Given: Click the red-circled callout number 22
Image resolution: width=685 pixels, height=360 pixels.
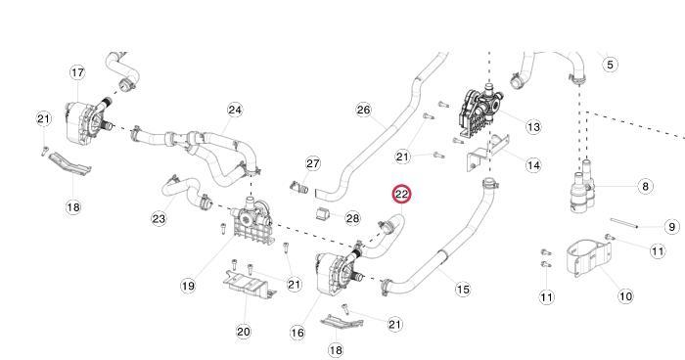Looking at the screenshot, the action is click(401, 194).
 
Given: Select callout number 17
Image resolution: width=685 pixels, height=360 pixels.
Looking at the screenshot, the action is click(77, 72).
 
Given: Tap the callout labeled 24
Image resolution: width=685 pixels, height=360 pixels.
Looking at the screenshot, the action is click(235, 110).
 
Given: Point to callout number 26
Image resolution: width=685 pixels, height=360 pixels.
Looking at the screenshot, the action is click(363, 110).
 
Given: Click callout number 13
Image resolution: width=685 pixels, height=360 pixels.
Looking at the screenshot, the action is click(533, 127).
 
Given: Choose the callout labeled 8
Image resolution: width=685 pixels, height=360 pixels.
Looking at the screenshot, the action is click(645, 187).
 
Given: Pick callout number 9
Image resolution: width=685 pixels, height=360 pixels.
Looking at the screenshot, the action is click(671, 227).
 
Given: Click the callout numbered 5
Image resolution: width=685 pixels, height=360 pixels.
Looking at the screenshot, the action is click(610, 65).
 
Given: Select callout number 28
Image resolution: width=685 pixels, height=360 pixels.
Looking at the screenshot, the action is click(352, 217).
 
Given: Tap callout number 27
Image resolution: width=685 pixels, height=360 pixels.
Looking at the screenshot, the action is click(313, 163).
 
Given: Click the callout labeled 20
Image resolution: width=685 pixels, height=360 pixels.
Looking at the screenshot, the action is click(244, 332).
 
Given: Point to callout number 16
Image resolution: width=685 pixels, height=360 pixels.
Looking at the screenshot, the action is click(297, 333).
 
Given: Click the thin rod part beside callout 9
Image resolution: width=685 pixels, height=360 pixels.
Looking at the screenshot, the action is click(624, 223).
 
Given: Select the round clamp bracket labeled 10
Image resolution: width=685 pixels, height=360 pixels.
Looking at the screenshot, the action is click(588, 257).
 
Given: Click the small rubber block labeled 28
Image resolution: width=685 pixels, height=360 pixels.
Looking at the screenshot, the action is click(322, 214).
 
